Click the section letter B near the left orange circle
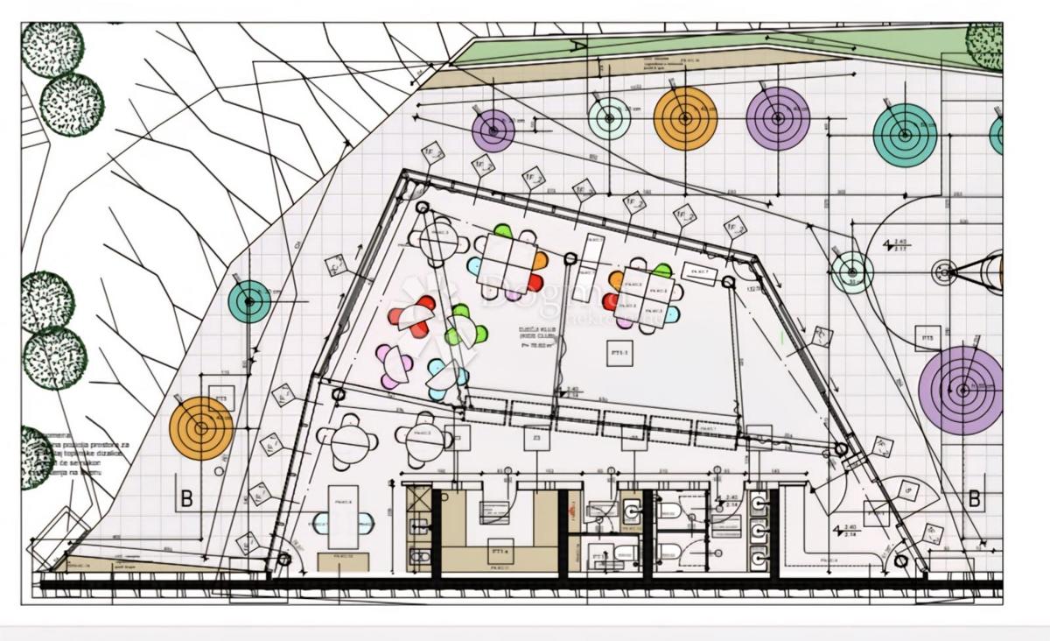[186, 498]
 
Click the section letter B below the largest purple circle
[974, 498]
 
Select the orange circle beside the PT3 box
[201, 428]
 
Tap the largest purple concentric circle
[962, 390]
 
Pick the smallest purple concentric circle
[493, 130]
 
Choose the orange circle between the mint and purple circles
[685, 118]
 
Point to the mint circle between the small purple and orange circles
[609, 118]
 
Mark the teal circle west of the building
[249, 301]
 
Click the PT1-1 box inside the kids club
[619, 354]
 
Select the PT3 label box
[221, 398]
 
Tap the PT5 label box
[926, 337]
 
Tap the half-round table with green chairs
[465, 328]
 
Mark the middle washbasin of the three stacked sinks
[758, 529]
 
